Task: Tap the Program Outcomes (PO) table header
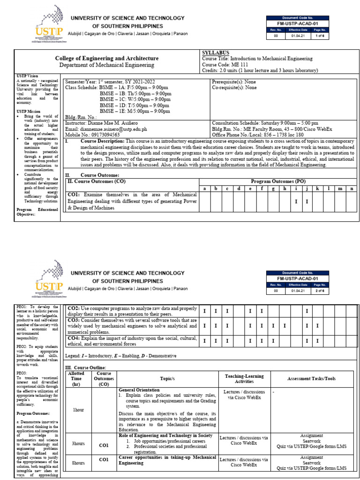[x=278, y=181]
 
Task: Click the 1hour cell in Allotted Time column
[x=78, y=409]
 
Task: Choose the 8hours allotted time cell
[x=78, y=463]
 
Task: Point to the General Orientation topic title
[x=139, y=390]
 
